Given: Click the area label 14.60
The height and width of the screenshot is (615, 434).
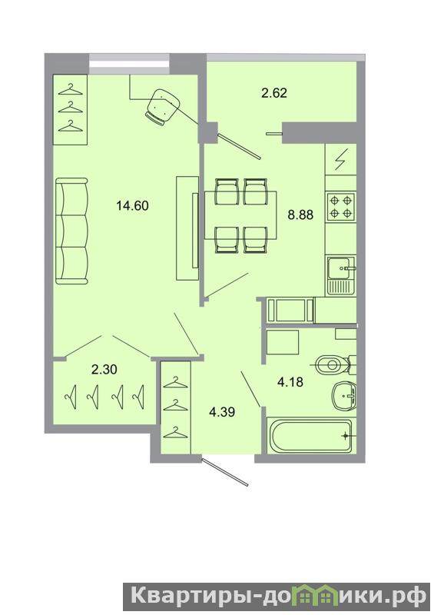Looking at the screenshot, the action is pyautogui.click(x=133, y=205).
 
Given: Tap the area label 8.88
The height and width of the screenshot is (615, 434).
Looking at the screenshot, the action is pyautogui.click(x=300, y=214).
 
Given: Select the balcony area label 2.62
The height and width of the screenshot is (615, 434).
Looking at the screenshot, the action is pyautogui.click(x=274, y=93).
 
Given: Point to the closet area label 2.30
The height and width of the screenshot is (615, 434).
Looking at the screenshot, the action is pyautogui.click(x=104, y=369).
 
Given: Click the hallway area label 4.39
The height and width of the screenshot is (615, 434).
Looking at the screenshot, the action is pyautogui.click(x=222, y=412).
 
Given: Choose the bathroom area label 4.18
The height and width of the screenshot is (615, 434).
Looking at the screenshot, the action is pyautogui.click(x=290, y=381).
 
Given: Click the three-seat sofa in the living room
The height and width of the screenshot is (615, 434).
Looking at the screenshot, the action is pyautogui.click(x=71, y=231).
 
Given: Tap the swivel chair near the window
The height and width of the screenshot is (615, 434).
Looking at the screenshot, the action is pyautogui.click(x=162, y=107).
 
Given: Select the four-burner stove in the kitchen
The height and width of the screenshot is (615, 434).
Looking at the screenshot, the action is pyautogui.click(x=340, y=207).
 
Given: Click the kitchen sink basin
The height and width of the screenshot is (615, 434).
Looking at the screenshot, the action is pyautogui.click(x=341, y=268).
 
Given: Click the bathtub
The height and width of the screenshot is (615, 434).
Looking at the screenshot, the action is pyautogui.click(x=310, y=436).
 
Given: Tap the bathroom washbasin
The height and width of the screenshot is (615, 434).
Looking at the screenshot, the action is pyautogui.click(x=343, y=397).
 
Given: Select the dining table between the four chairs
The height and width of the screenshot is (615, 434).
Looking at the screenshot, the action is pyautogui.click(x=240, y=215).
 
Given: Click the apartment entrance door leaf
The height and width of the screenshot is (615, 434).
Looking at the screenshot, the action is pyautogui.click(x=225, y=472).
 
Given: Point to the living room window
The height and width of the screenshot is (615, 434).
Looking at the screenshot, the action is pyautogui.click(x=129, y=65).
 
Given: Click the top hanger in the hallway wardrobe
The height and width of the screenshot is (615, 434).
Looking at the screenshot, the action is pyautogui.click(x=175, y=382).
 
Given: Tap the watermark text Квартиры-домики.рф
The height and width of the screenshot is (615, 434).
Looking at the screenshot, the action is pyautogui.click(x=278, y=597).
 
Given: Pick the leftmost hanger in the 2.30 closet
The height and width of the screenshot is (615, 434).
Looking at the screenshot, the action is pyautogui.click(x=71, y=397).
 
